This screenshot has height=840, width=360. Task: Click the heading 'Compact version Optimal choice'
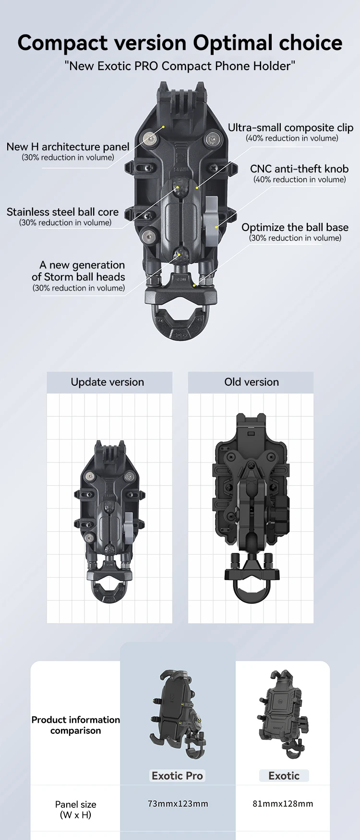(x=180, y=43)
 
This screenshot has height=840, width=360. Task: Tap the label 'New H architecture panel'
(x=68, y=147)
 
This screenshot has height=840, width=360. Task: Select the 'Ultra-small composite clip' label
(x=290, y=128)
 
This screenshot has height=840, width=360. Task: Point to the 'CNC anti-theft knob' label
(x=299, y=169)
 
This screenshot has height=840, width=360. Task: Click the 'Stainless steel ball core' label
(x=62, y=212)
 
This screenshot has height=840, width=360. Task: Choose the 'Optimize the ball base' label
(x=295, y=228)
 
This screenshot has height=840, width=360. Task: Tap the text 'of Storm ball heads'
(x=78, y=277)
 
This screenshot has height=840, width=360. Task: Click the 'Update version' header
(x=108, y=382)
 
